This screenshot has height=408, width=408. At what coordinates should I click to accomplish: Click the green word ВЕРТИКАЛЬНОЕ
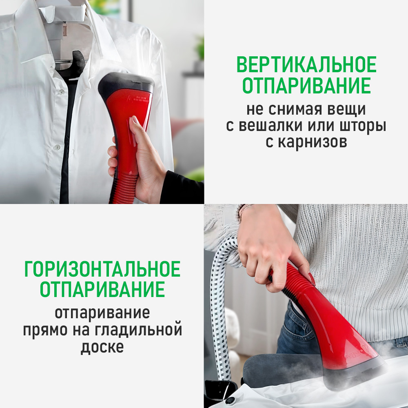306,64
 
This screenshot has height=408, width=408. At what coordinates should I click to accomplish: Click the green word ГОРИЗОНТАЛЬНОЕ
102,269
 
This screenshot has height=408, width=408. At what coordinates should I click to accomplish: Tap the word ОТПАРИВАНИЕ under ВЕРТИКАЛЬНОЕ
306,85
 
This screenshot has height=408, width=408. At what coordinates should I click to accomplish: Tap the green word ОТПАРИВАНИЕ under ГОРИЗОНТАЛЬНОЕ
102,289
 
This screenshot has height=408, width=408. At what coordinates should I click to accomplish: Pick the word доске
102,347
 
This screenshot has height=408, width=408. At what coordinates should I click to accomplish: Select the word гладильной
138,330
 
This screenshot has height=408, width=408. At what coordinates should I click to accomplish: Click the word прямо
45,331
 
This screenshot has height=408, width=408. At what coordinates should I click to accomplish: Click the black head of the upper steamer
127,84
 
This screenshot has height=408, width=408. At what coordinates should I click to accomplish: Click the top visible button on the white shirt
61,92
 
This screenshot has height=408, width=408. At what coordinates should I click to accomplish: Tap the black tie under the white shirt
67,135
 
